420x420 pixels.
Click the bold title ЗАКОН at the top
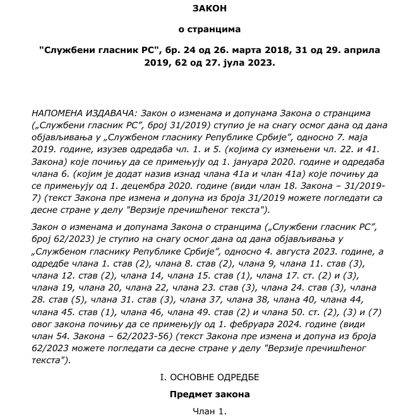point(209,8)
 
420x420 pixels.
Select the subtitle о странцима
point(209,28)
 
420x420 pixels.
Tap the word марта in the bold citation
point(248,49)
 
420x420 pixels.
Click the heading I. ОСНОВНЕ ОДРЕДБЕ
point(209,377)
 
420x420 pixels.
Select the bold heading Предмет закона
point(209,394)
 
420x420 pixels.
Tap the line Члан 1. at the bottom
point(209,411)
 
